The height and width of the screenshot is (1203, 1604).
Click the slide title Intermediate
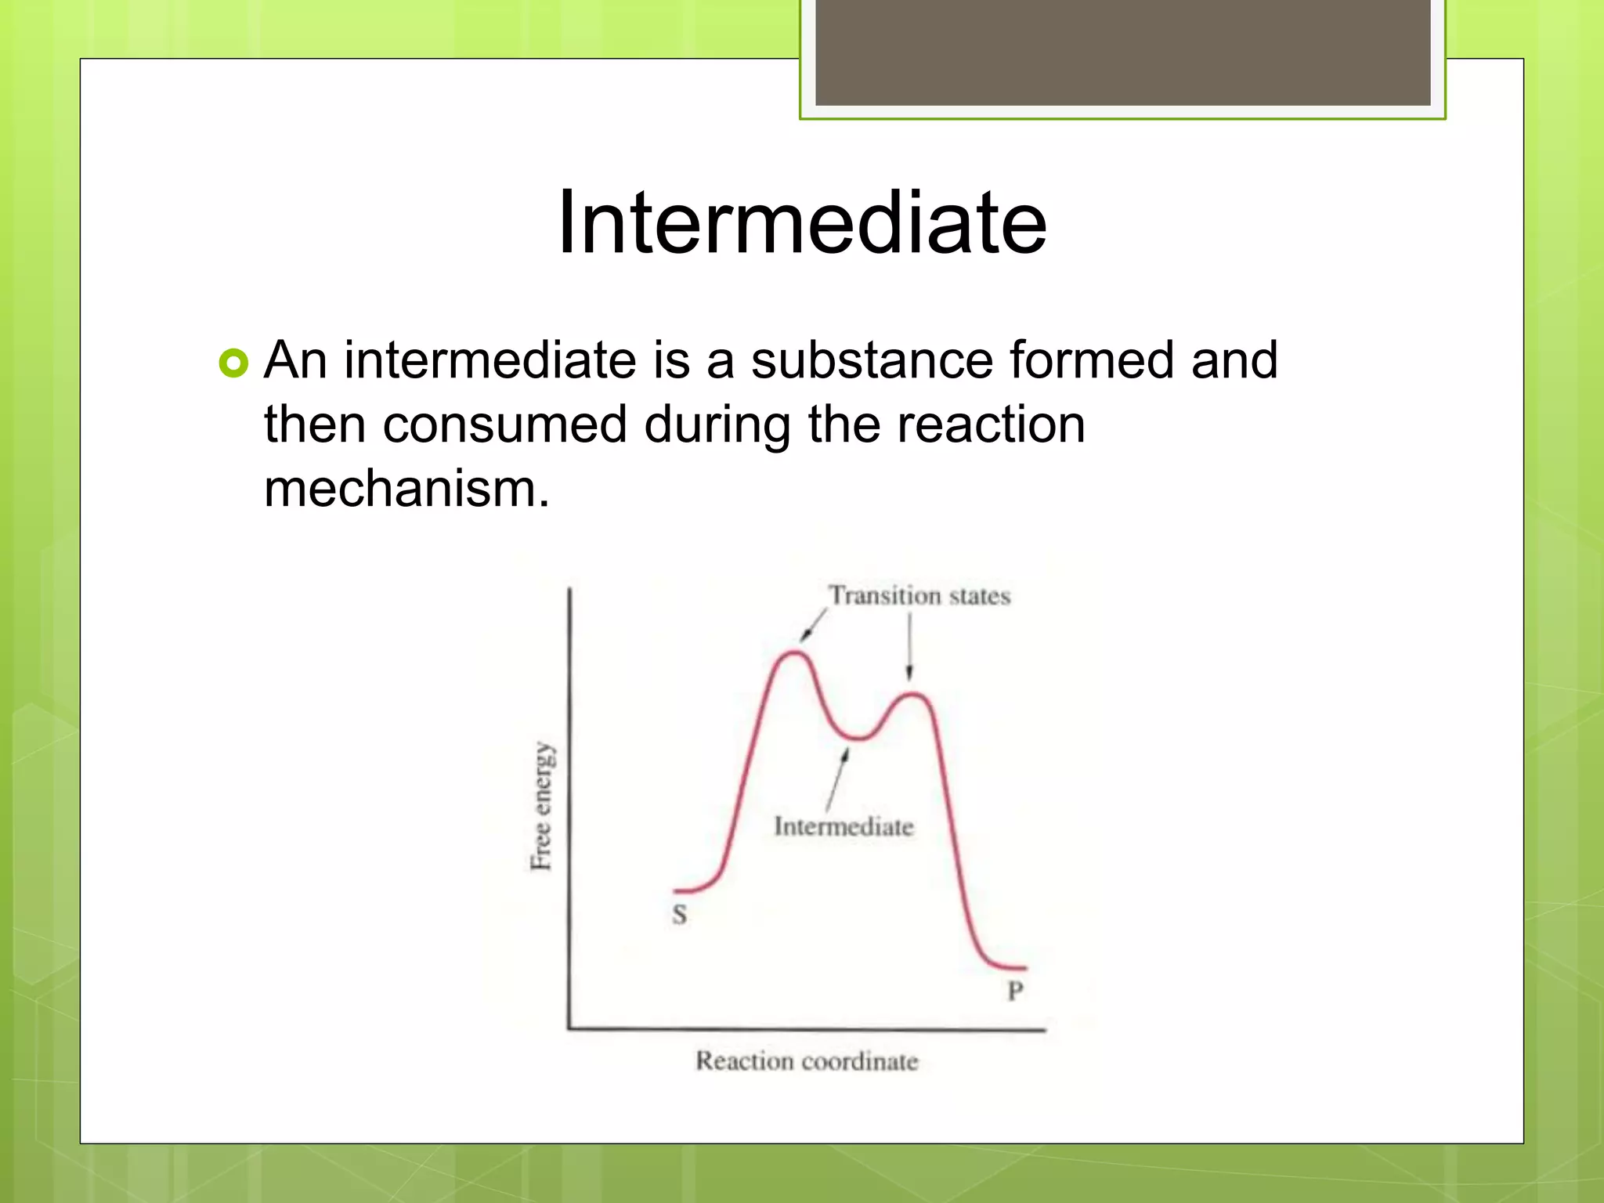801,223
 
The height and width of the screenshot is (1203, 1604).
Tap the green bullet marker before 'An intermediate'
233,363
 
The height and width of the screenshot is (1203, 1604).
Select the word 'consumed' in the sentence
504,425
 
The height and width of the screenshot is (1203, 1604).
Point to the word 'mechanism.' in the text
406,490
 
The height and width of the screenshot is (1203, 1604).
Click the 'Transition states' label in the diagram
919,596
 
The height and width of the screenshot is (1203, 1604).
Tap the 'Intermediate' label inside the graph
844,826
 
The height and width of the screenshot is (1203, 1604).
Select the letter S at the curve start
679,914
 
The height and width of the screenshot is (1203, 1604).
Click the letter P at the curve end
1015,991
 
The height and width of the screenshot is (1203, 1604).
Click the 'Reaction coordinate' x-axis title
807,1061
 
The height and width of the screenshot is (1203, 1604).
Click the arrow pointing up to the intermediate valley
836,780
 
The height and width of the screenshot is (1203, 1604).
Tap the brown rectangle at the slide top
1122,52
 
